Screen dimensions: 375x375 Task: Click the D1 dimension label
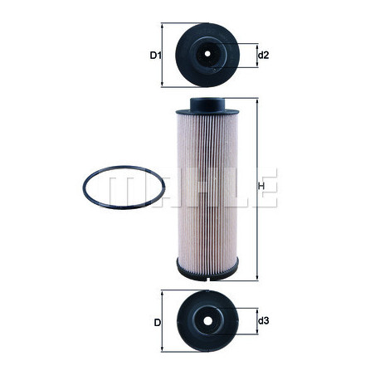coord(154,56)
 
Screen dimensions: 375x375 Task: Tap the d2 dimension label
coord(263,56)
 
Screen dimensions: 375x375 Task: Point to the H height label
coord(262,187)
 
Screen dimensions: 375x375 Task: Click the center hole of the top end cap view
coord(207,56)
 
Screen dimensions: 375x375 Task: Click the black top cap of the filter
coord(207,105)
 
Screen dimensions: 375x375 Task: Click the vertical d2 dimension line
coord(253,56)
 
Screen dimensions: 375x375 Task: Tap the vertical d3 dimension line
coord(253,320)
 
